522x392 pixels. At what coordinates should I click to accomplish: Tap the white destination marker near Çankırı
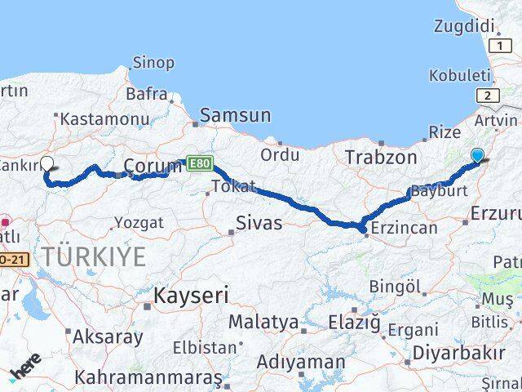pyautogui.click(x=47, y=163)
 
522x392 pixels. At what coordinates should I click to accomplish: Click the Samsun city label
pyautogui.click(x=235, y=116)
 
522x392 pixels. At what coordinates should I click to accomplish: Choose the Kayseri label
pyautogui.click(x=192, y=295)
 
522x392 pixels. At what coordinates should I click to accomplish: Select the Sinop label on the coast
pyautogui.click(x=153, y=63)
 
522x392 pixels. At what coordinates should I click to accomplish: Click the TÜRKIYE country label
pyautogui.click(x=95, y=257)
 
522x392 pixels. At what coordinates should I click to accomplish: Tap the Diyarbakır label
pyautogui.click(x=453, y=354)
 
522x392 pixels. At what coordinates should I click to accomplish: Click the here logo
pyautogui.click(x=26, y=369)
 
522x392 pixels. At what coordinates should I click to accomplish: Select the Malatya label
pyautogui.click(x=263, y=323)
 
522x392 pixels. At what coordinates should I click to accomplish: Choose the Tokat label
pyautogui.click(x=233, y=187)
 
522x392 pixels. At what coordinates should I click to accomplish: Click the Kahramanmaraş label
pyautogui.click(x=148, y=377)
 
